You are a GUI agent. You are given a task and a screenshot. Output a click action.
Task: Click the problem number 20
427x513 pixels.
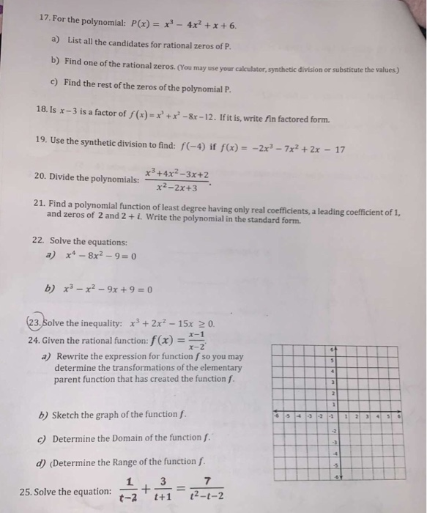42,178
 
